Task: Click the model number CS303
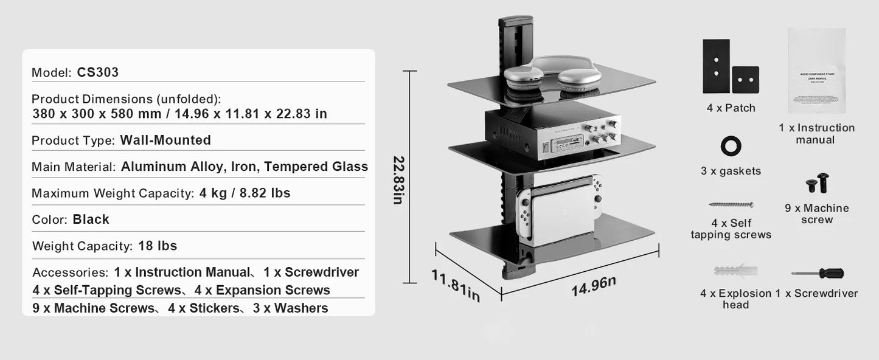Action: [98, 72]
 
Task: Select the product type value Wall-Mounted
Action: [165, 140]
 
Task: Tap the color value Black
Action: [91, 220]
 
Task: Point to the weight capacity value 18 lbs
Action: [158, 246]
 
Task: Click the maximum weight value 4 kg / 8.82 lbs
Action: [245, 193]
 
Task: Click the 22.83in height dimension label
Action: [398, 180]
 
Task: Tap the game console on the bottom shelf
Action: [558, 207]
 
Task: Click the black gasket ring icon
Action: [731, 147]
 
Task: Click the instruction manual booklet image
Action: [816, 71]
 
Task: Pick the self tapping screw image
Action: [731, 205]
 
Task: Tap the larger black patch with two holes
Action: [716, 66]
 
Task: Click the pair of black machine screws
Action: [817, 182]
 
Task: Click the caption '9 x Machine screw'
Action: [817, 213]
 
